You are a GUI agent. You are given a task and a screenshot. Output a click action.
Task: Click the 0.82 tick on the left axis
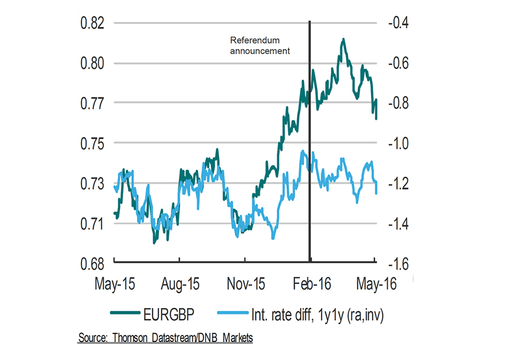[x=92, y=23]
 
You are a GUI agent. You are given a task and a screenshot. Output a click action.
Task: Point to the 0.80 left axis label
[x=92, y=63]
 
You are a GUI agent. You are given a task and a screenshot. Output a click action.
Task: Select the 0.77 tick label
[x=92, y=102]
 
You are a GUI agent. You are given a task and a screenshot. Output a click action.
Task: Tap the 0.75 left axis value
[x=92, y=143]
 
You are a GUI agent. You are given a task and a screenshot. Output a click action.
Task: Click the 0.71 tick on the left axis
[x=92, y=223]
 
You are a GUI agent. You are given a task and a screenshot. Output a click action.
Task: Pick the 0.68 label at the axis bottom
[x=92, y=264]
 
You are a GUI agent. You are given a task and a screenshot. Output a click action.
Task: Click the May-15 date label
[x=115, y=284]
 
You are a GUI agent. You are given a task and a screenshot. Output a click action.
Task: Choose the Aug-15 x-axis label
[x=180, y=284]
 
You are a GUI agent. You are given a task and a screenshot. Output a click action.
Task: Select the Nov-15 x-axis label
[x=246, y=284]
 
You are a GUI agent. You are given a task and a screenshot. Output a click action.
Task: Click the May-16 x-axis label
[x=375, y=284]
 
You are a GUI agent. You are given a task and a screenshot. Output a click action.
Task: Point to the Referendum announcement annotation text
[x=259, y=46]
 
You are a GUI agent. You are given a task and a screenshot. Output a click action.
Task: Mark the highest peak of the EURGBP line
[x=343, y=39]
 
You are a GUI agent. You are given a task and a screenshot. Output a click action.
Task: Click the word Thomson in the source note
[x=132, y=338]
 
